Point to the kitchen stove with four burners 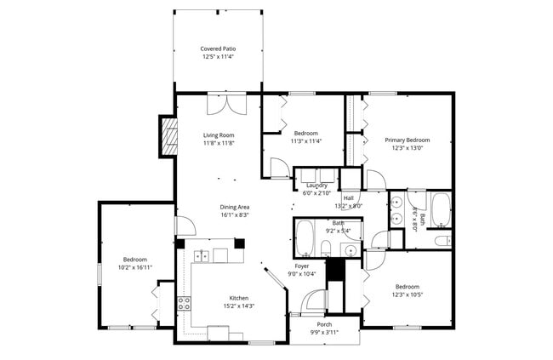pyautogui.click(x=183, y=303)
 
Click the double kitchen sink pyautogui.click(x=201, y=254)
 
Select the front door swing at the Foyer pyautogui.click(x=316, y=300)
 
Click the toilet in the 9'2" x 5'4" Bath pyautogui.click(x=326, y=248)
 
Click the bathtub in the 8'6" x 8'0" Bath pyautogui.click(x=440, y=210)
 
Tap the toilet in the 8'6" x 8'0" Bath pyautogui.click(x=442, y=241)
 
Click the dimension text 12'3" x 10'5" pyautogui.click(x=407, y=295)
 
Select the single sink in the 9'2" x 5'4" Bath pyautogui.click(x=351, y=249)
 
